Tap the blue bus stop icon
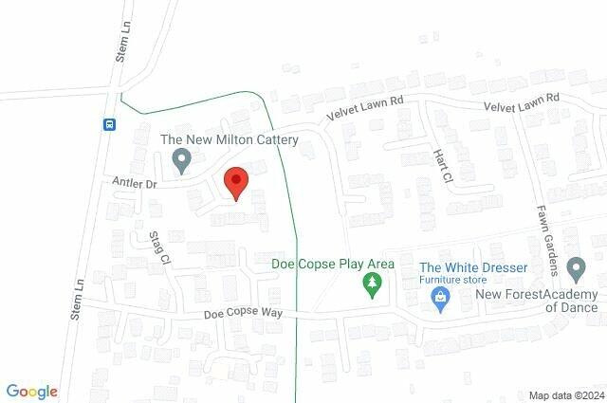[x=109, y=123]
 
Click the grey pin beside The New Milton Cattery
[x=181, y=163]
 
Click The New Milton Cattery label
[x=230, y=140]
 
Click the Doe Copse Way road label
[x=242, y=313]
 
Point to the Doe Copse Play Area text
[x=332, y=263]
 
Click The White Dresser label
[x=473, y=268]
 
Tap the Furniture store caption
[x=454, y=281]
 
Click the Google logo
[x=31, y=392]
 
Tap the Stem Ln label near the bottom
[x=78, y=298]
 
